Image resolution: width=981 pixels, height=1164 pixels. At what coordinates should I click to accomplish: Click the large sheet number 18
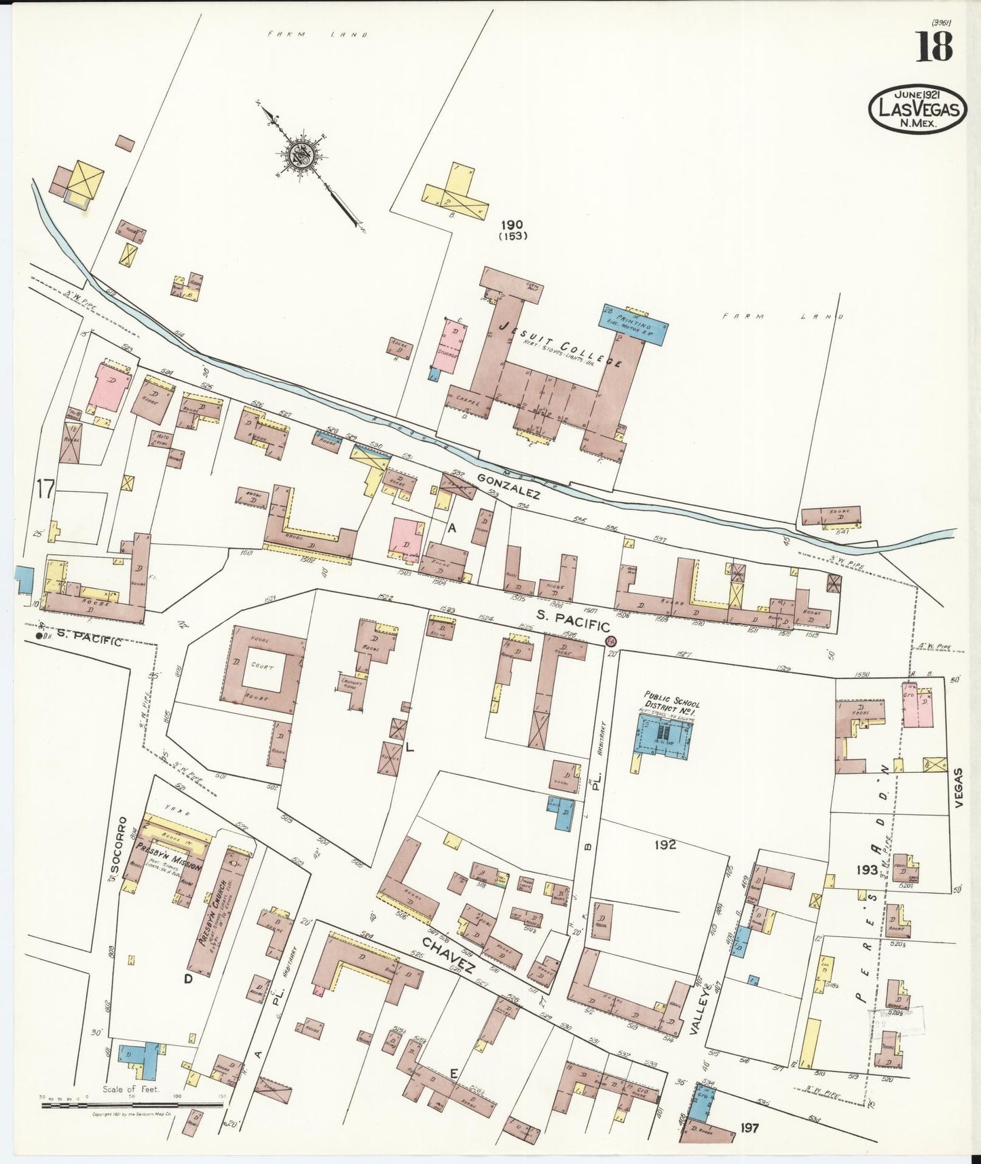pyautogui.click(x=935, y=47)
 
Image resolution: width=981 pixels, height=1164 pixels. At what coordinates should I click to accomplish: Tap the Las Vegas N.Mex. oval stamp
pyautogui.click(x=917, y=109)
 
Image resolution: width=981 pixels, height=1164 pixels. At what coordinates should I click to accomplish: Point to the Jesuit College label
pyautogui.click(x=560, y=344)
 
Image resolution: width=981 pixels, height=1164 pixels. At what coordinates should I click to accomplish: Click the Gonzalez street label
pyautogui.click(x=508, y=486)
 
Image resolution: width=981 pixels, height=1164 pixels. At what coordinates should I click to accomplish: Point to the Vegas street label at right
pyautogui.click(x=959, y=788)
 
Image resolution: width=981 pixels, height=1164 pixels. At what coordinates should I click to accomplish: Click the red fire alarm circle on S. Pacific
pyautogui.click(x=610, y=640)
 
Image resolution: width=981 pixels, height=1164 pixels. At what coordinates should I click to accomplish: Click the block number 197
pyautogui.click(x=750, y=1127)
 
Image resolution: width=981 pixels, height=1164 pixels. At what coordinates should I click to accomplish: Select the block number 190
pyautogui.click(x=513, y=225)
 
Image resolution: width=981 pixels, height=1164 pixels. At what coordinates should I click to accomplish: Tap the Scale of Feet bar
pyautogui.click(x=132, y=1105)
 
